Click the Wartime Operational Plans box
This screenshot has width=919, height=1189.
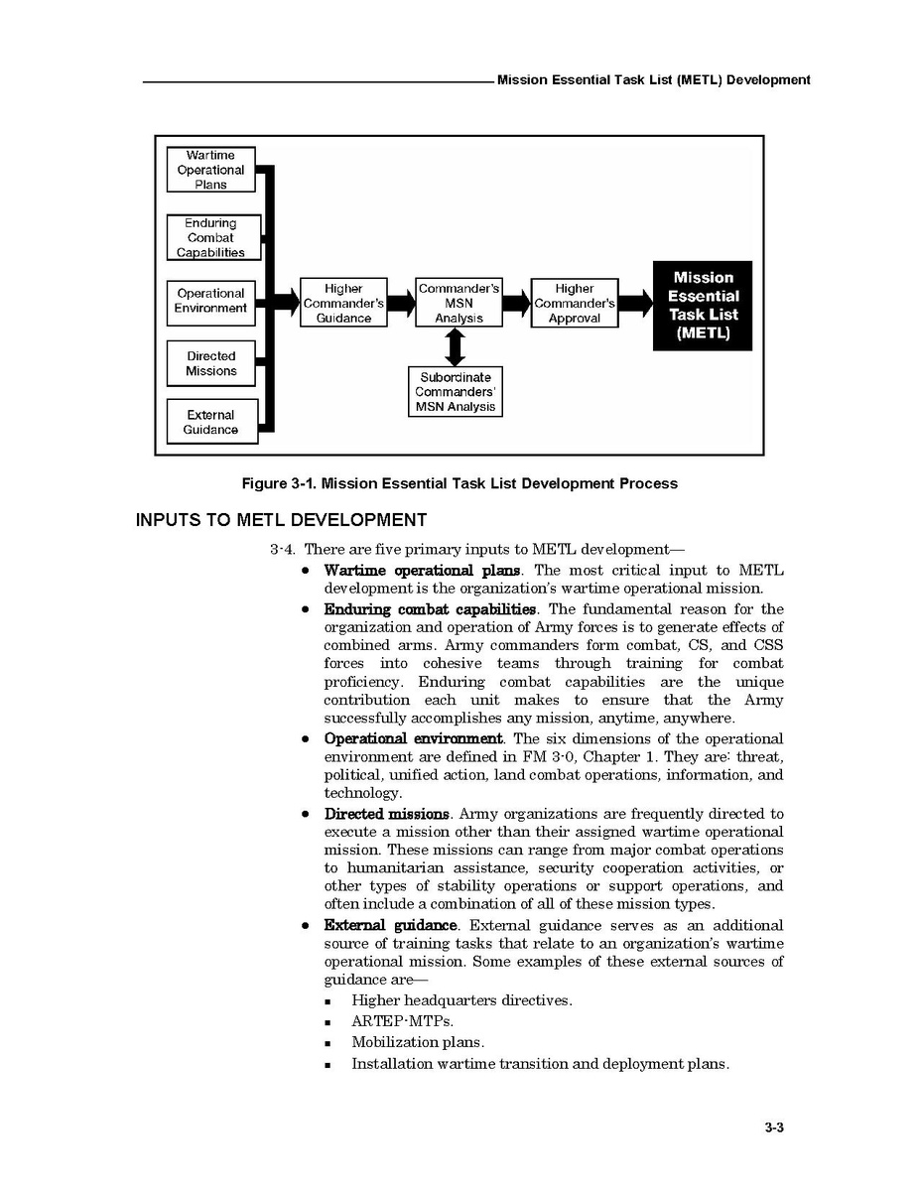click(x=210, y=170)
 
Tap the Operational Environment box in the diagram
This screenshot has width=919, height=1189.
click(x=210, y=302)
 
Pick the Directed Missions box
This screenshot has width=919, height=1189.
click(x=210, y=363)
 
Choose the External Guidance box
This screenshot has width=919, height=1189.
click(x=210, y=423)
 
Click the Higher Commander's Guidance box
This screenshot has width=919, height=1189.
click(x=343, y=304)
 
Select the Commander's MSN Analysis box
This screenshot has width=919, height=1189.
click(x=459, y=304)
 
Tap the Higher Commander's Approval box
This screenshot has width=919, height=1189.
click(x=575, y=304)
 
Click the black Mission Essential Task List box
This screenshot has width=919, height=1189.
click(x=703, y=306)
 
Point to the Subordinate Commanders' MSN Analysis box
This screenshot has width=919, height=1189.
click(x=456, y=392)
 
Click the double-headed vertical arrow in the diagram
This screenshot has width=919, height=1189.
click(x=456, y=347)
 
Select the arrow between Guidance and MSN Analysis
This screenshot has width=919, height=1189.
click(x=401, y=304)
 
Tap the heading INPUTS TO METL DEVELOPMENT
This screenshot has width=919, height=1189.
click(x=281, y=520)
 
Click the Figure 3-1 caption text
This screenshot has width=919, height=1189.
click(x=459, y=484)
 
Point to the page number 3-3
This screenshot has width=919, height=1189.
click(x=775, y=1126)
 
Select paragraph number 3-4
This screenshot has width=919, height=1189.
click(x=283, y=550)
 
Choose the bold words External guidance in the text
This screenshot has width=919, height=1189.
click(x=391, y=925)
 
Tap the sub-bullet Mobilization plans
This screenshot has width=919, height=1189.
click(x=418, y=1042)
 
